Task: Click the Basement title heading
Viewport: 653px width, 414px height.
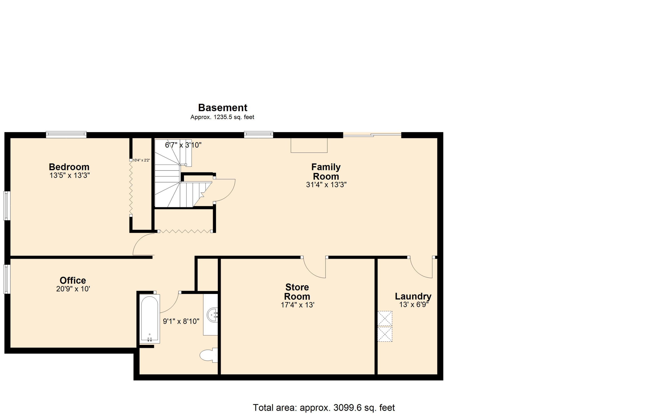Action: coord(222,108)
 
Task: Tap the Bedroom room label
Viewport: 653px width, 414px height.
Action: coord(69,167)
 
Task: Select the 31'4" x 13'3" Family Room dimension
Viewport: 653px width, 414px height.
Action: coord(326,185)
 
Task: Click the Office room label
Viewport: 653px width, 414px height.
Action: coord(73,280)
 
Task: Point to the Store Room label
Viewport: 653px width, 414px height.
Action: coord(297,292)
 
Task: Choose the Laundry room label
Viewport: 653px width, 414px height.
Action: coord(413,296)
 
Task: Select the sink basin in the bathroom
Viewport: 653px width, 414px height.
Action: coord(212,315)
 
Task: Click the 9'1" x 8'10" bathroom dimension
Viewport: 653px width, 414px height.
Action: coord(181,321)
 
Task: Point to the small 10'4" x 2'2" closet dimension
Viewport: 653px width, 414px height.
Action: coord(141,160)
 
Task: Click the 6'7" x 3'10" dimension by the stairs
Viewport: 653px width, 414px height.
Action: coord(183,145)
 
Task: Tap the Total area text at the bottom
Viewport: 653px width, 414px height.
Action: coord(324,407)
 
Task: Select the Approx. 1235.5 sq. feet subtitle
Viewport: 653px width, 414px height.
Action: coord(222,117)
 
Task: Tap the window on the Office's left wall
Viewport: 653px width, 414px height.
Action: coord(7,279)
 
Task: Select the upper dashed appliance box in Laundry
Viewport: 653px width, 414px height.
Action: coord(385,318)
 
